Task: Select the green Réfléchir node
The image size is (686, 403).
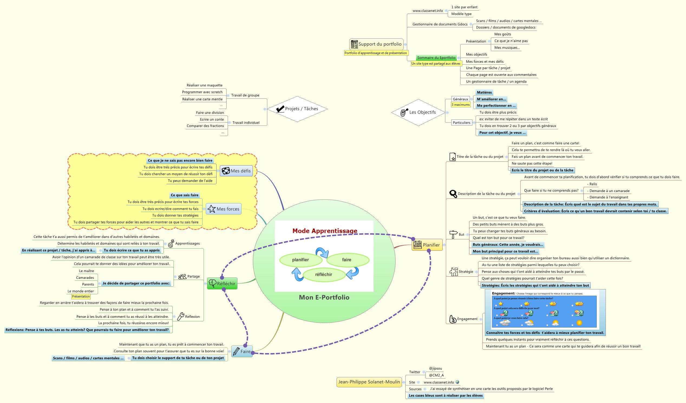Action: (x=222, y=284)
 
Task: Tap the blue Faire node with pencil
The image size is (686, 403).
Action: (x=242, y=351)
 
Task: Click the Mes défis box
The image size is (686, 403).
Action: (x=236, y=171)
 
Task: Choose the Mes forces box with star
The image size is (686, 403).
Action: (x=224, y=209)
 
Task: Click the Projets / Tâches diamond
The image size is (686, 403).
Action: (x=297, y=109)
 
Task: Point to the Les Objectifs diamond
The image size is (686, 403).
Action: (x=418, y=112)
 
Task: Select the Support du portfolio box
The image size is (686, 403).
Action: (x=376, y=44)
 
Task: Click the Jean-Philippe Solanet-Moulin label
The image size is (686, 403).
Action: (x=369, y=382)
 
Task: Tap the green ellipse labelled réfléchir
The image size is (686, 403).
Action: (x=324, y=274)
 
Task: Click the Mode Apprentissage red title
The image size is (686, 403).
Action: (x=325, y=231)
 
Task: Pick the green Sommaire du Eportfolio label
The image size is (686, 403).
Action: (x=436, y=58)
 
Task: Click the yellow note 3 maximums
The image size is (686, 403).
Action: (x=460, y=105)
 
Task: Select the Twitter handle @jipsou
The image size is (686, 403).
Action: (x=435, y=368)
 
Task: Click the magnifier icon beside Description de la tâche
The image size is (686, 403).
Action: (x=453, y=194)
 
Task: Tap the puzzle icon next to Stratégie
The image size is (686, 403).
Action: (x=453, y=272)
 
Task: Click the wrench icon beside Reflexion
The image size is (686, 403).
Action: (x=181, y=316)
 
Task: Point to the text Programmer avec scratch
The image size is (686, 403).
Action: (x=202, y=92)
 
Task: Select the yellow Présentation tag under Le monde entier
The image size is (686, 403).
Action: (x=81, y=297)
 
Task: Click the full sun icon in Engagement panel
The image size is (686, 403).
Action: (x=579, y=323)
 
